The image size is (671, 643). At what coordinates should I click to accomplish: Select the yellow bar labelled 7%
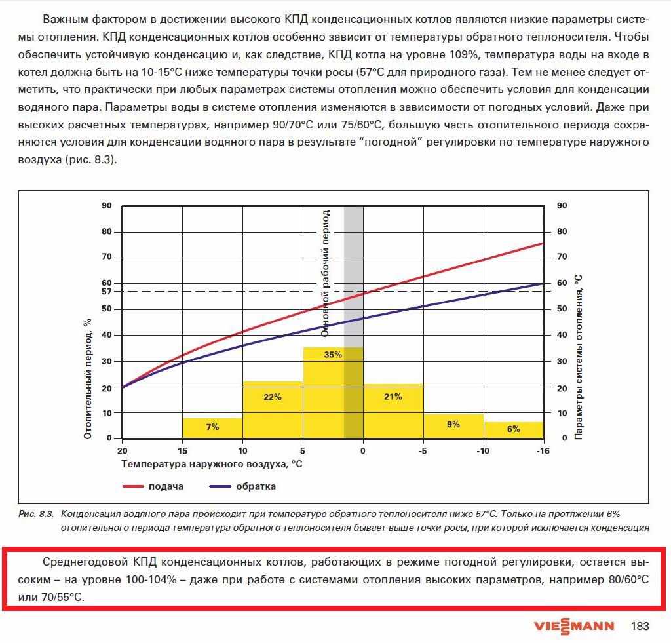click(x=212, y=428)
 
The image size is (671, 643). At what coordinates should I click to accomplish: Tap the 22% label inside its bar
click(x=273, y=397)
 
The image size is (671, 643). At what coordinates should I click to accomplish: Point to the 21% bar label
click(x=393, y=397)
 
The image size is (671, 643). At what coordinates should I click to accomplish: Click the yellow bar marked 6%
click(x=514, y=430)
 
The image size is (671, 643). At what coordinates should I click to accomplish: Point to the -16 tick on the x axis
click(x=543, y=452)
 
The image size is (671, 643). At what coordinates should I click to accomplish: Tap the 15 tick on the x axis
click(x=182, y=452)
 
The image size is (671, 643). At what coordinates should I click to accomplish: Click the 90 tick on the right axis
click(x=561, y=206)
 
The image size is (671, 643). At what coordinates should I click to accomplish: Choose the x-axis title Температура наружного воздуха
click(x=212, y=464)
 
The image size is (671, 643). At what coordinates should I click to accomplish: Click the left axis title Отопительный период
click(x=87, y=378)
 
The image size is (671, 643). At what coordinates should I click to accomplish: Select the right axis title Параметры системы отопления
click(x=579, y=357)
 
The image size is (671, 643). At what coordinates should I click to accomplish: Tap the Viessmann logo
click(x=574, y=625)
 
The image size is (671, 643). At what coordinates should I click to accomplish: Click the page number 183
click(x=639, y=626)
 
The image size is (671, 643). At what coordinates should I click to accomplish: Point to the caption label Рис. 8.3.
click(x=37, y=514)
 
